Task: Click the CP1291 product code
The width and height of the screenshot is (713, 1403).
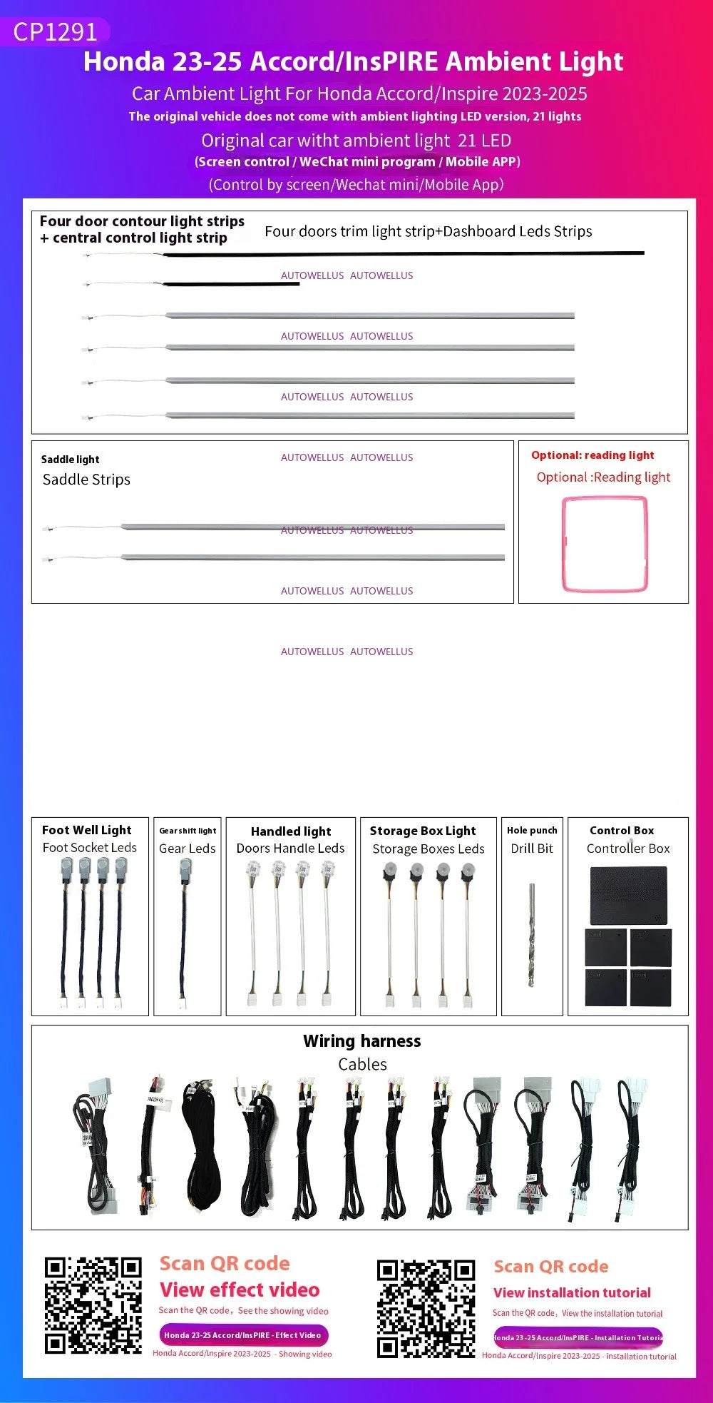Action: (55, 32)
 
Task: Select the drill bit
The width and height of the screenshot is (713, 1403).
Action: (531, 935)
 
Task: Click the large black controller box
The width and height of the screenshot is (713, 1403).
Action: (628, 895)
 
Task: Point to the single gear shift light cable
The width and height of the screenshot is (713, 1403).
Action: (184, 935)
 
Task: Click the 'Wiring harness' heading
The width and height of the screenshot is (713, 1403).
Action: (361, 1041)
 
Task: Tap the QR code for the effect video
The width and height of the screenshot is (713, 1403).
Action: (93, 1305)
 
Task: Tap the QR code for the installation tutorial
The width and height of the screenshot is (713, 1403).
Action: (426, 1309)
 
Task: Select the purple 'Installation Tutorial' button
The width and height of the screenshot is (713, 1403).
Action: (578, 1337)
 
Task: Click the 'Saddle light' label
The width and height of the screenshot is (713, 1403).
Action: (70, 460)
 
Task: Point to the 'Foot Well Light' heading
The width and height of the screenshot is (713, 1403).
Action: (86, 830)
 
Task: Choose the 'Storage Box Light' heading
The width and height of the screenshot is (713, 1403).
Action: (422, 831)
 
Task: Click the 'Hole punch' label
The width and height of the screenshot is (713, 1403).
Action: (532, 830)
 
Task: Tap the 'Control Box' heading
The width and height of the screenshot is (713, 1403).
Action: (622, 831)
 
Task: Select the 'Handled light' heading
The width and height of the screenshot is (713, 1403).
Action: (291, 831)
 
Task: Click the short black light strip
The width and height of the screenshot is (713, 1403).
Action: (228, 284)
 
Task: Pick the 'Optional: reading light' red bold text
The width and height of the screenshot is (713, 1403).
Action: (593, 455)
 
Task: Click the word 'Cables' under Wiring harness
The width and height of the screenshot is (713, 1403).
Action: (362, 1064)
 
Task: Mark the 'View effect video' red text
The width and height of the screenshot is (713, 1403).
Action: (240, 1290)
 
